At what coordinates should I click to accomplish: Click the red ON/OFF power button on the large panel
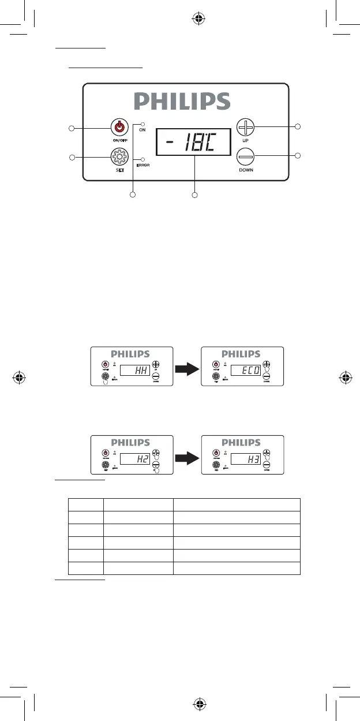pyautogui.click(x=119, y=126)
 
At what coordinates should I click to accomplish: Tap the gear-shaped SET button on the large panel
pyautogui.click(x=119, y=156)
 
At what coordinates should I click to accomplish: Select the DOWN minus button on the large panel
pyautogui.click(x=246, y=156)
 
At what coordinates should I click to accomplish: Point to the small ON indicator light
pyautogui.click(x=143, y=124)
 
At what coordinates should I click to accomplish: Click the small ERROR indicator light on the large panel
pyautogui.click(x=143, y=159)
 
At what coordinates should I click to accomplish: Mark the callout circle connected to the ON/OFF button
pyautogui.click(x=72, y=128)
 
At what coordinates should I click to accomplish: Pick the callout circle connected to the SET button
pyautogui.click(x=72, y=157)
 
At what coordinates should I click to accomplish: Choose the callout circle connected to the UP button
pyautogui.click(x=298, y=126)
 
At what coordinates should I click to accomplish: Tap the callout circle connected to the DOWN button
pyautogui.click(x=298, y=155)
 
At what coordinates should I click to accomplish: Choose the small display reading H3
pyautogui.click(x=245, y=459)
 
